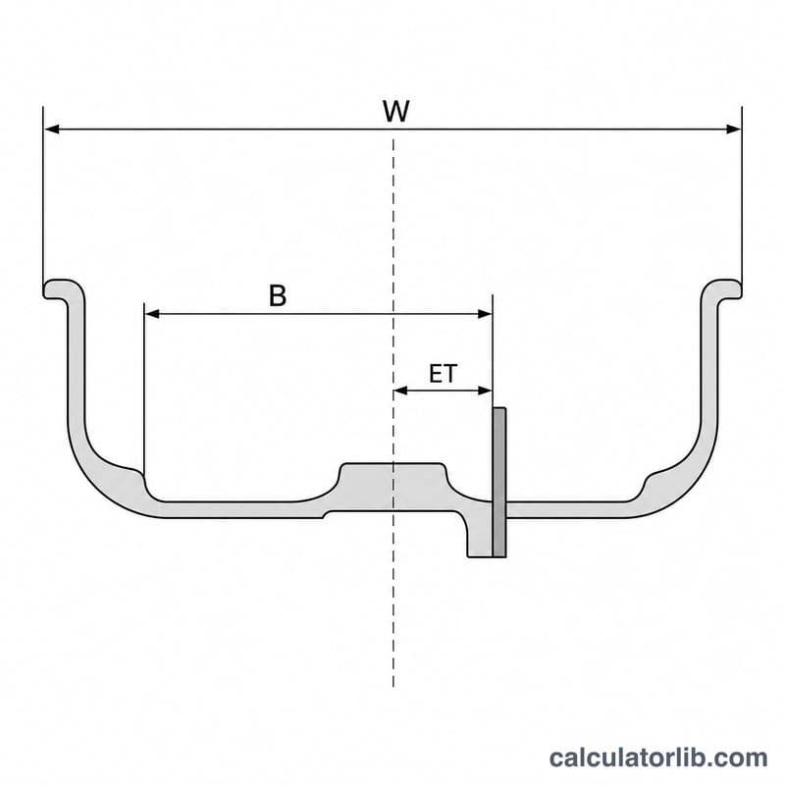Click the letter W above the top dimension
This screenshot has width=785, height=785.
tap(396, 111)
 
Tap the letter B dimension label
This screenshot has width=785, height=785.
tap(278, 295)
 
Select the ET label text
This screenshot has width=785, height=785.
tap(444, 374)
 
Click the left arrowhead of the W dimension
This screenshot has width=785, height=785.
tap(52, 130)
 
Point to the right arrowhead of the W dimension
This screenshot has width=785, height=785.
tap(733, 130)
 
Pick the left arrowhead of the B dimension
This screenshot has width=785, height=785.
tap(152, 314)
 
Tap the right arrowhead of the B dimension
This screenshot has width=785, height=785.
tap(485, 314)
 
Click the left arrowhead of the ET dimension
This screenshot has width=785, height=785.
tap(401, 391)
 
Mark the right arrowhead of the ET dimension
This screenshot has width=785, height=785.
tap(485, 391)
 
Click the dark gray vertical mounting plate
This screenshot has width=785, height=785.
tap(499, 482)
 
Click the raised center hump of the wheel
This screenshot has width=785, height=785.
tap(392, 476)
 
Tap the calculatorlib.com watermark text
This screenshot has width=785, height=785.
tap(657, 758)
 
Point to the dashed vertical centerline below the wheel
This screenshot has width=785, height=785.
tap(393, 601)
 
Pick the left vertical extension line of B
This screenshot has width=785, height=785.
tap(143, 388)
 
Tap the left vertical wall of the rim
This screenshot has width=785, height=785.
tap(77, 360)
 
